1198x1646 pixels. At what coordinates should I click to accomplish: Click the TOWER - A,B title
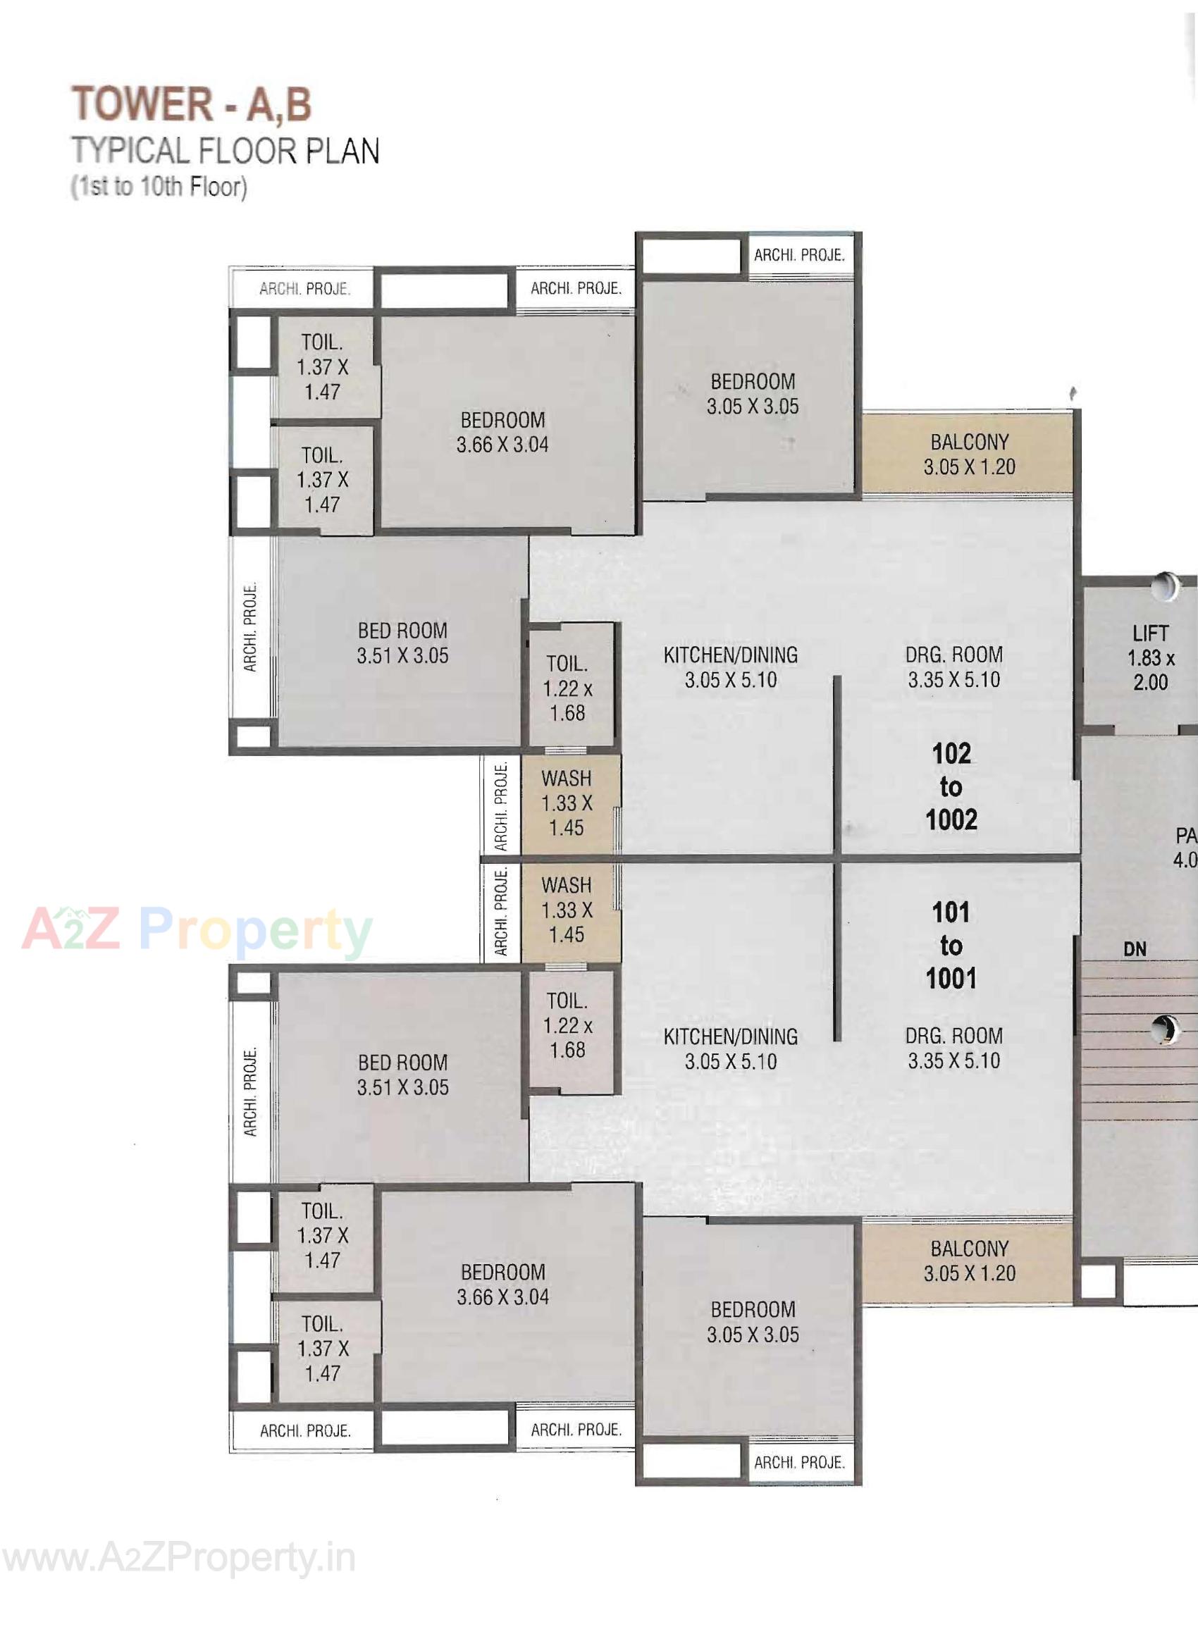click(x=192, y=104)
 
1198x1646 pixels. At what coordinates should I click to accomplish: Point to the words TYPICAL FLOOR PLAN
click(x=226, y=151)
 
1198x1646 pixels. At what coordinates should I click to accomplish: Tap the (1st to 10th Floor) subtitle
click(x=159, y=187)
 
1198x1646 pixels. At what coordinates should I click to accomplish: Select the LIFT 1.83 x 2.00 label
click(x=1150, y=657)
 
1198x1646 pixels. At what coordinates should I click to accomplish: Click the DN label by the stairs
click(x=1134, y=948)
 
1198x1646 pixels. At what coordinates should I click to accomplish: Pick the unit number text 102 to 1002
click(x=951, y=787)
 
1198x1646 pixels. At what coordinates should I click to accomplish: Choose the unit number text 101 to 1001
click(x=951, y=946)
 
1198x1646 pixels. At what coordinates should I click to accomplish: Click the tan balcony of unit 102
click(x=968, y=454)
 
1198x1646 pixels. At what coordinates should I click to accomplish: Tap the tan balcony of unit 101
click(x=968, y=1261)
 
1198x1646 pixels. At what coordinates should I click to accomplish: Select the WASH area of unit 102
click(x=567, y=803)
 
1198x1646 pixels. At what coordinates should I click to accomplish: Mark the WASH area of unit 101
click(x=567, y=910)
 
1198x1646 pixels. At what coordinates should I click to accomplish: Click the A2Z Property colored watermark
click(x=197, y=931)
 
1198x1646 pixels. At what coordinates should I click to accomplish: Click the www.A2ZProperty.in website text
click(x=178, y=1559)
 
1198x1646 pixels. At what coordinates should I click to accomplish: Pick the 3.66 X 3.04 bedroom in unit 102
click(x=502, y=432)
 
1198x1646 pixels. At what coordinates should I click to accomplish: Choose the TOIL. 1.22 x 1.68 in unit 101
click(x=568, y=1025)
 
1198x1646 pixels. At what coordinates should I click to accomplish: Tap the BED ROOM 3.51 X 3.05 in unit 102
click(x=402, y=643)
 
